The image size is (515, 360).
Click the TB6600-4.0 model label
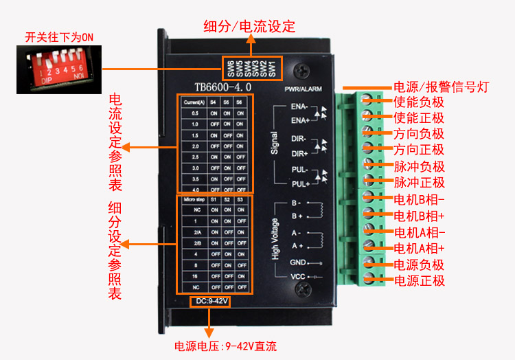222,87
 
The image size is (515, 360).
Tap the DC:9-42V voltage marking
209,301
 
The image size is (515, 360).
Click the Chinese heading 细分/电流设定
249,27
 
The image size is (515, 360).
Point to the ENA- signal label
299,107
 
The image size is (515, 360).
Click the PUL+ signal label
300,184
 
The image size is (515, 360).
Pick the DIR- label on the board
299,138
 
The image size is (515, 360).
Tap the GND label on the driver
297,262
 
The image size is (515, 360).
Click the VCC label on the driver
297,277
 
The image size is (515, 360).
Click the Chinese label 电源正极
420,280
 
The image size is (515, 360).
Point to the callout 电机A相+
420,248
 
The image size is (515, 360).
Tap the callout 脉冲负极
420,166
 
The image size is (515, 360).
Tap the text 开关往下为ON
59,36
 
